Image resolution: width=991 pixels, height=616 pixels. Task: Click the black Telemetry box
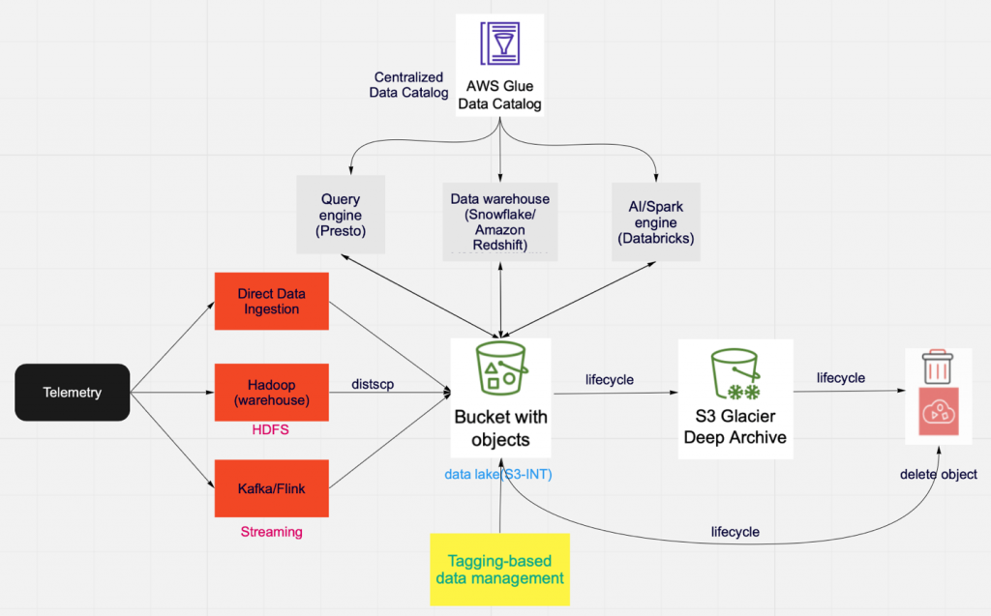pyautogui.click(x=72, y=393)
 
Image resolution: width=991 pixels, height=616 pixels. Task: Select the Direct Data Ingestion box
pyautogui.click(x=272, y=301)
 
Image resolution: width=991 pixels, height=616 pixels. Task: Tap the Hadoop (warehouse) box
pyautogui.click(x=272, y=393)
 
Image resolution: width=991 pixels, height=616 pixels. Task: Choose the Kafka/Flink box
pyautogui.click(x=272, y=488)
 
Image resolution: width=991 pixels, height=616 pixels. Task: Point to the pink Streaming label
pyautogui.click(x=271, y=532)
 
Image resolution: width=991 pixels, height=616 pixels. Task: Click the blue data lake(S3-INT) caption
pyautogui.click(x=498, y=475)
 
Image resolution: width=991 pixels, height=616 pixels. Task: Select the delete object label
pyautogui.click(x=938, y=475)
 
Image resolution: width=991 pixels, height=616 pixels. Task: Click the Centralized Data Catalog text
pyautogui.click(x=408, y=85)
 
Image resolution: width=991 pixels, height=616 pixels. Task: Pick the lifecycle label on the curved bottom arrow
pyautogui.click(x=735, y=532)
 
